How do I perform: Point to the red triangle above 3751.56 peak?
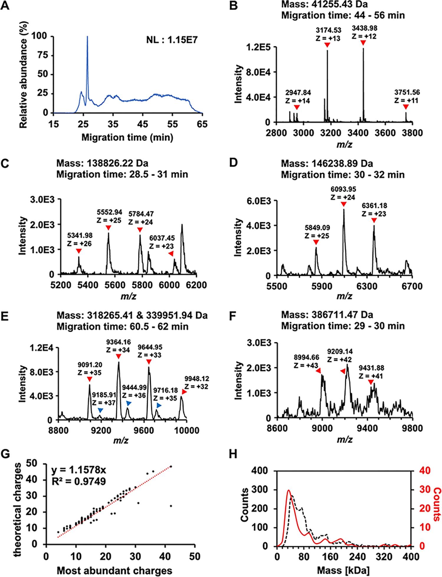pyautogui.click(x=406, y=106)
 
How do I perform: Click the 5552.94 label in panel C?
pyautogui.click(x=110, y=212)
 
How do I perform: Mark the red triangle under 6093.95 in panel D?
pyautogui.click(x=343, y=204)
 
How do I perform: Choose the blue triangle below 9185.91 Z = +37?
pyautogui.click(x=100, y=410)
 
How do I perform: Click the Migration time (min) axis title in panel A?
pyautogui.click(x=127, y=137)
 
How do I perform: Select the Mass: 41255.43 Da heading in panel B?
pyautogui.click(x=324, y=5)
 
